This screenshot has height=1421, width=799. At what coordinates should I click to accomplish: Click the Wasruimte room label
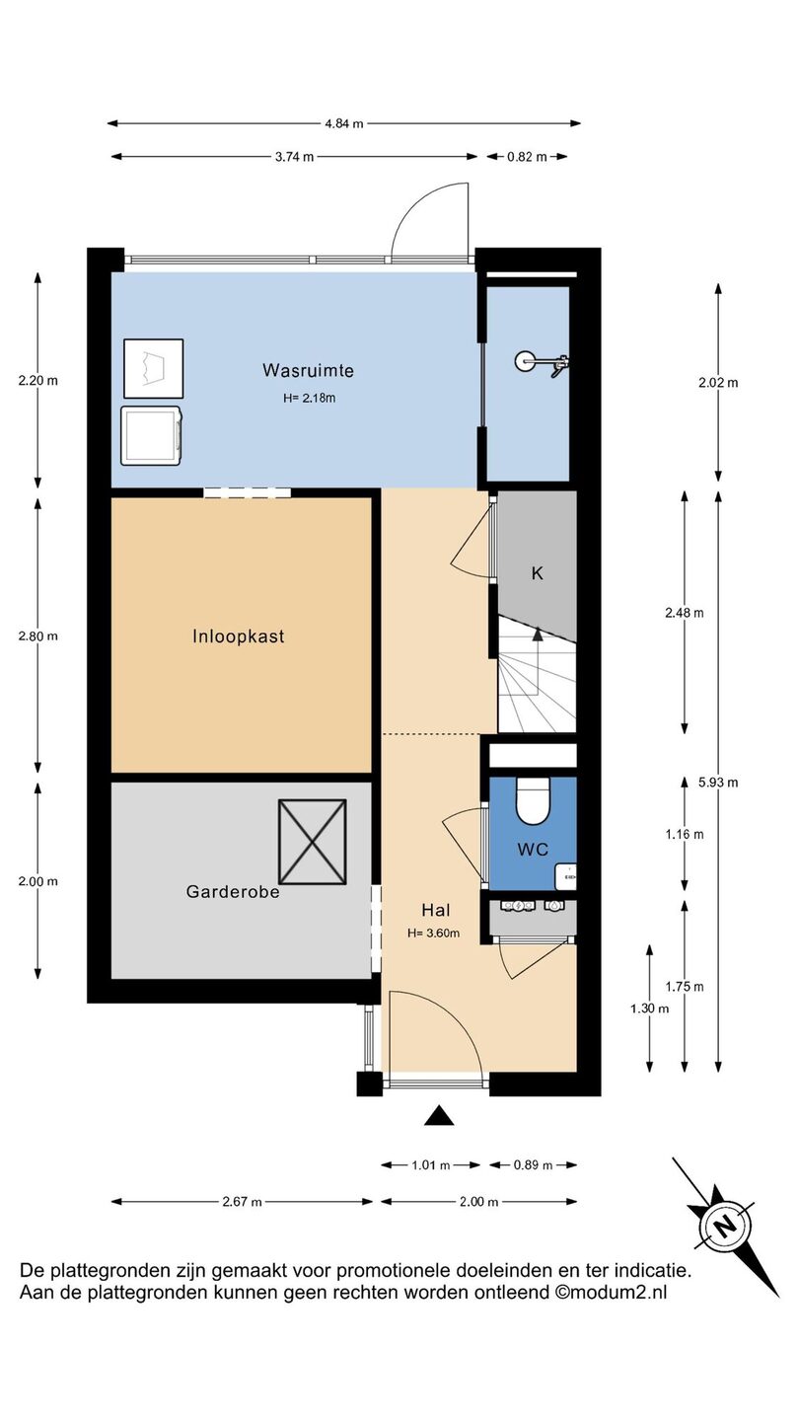308,370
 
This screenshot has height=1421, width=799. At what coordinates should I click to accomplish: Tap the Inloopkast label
239,636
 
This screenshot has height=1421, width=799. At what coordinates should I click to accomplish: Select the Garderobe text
233,892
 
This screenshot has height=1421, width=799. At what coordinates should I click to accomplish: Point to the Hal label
436,910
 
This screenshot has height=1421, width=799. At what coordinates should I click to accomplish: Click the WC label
533,850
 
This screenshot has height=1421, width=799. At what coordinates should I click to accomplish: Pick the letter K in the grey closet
537,573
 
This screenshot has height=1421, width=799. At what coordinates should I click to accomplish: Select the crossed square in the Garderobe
313,842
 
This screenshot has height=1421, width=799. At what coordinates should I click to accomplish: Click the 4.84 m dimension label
344,123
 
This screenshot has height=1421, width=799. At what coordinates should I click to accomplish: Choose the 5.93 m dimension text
718,783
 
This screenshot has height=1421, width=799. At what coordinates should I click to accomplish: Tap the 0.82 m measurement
527,157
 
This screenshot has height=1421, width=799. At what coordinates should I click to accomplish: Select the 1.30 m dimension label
649,1009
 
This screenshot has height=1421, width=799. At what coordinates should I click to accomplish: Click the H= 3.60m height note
434,934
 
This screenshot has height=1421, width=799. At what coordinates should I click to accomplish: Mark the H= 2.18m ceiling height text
310,399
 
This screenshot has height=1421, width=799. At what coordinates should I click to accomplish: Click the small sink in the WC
565,876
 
